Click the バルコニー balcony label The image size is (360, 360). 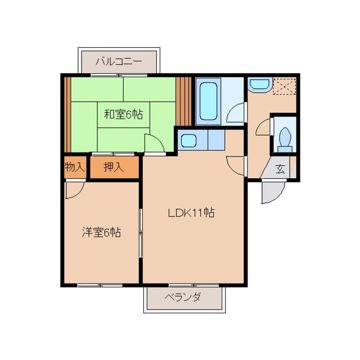119,61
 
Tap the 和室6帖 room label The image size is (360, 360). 123,114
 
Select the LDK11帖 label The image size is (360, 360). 191,213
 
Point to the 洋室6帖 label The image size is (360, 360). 101,232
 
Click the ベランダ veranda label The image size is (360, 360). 183,298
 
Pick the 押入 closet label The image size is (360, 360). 114,166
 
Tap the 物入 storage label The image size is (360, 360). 75,166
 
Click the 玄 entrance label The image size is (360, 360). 280,169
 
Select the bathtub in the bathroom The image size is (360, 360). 208,101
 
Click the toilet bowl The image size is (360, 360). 285,139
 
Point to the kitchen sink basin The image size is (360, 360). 188,141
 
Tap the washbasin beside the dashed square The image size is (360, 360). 260,84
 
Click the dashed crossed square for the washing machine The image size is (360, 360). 284,86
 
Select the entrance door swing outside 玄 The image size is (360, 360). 273,192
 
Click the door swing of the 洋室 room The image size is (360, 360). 75,190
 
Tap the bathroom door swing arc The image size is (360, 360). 236,113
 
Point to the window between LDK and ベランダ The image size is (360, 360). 194,285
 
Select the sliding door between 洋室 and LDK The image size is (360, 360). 141,233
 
